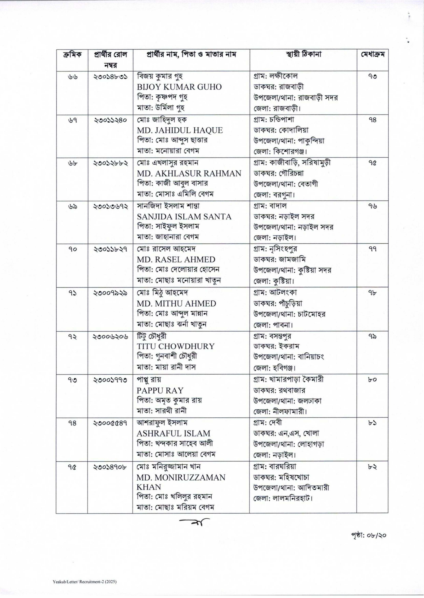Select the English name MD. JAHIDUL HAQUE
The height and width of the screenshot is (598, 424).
pos(180,130)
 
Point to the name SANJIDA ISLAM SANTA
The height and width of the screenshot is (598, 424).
pos(184,217)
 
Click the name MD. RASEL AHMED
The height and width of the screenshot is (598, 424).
pos(176,260)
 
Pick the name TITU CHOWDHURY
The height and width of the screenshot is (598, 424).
pos(175,346)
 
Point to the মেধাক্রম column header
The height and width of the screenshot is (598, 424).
pos(372,55)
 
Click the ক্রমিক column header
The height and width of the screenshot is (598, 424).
pos(72,55)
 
